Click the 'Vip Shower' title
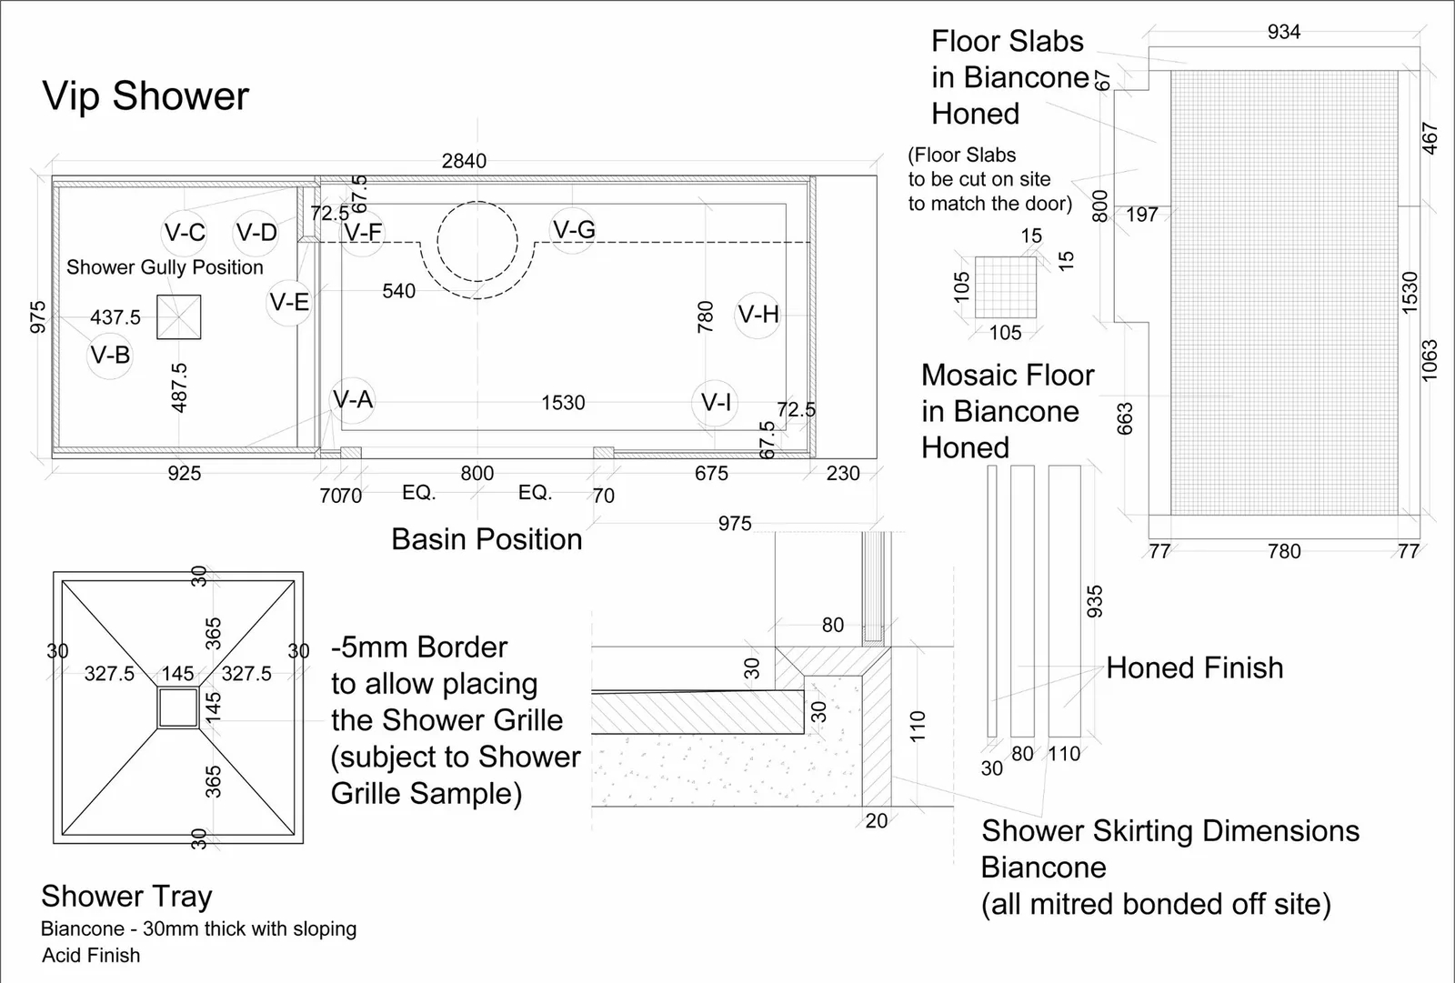pos(145,96)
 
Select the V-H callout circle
pos(758,316)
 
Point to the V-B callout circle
pos(110,356)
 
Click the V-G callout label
pos(574,229)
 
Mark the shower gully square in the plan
pos(178,317)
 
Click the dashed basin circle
pos(477,203)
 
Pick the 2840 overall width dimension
pos(464,160)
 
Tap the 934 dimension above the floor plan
pos(1283,32)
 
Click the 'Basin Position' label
pos(487,539)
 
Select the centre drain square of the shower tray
pos(178,708)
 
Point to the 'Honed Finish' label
pos(1195,667)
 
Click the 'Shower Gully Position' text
pos(165,267)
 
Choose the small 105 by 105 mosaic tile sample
pos(1006,287)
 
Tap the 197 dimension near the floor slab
pos(1141,215)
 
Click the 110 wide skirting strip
pos(1065,601)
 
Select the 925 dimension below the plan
pos(184,473)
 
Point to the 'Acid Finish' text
pos(91,955)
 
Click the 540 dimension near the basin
pos(398,291)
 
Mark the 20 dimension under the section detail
pos(877,821)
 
